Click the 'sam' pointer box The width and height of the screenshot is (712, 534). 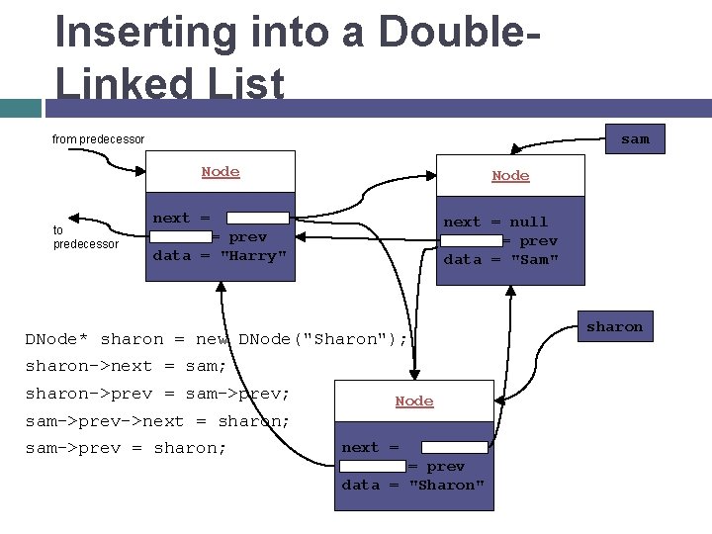click(x=635, y=139)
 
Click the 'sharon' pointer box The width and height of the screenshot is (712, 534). click(x=614, y=326)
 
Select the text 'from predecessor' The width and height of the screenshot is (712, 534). click(x=98, y=139)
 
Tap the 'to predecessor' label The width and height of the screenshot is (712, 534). click(x=84, y=236)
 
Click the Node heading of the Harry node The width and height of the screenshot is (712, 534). click(x=221, y=171)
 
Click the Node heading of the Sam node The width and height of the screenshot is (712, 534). click(x=510, y=175)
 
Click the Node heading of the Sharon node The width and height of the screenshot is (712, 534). click(x=414, y=400)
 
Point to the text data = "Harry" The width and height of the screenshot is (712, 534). click(x=220, y=255)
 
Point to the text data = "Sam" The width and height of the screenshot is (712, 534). click(x=501, y=259)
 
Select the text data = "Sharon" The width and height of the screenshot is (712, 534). click(x=413, y=485)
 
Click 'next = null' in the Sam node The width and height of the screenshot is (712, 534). click(x=494, y=222)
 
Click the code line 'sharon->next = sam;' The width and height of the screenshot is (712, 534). click(x=126, y=366)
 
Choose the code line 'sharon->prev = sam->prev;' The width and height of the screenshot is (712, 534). click(x=157, y=394)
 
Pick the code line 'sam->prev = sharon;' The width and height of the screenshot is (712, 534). click(x=126, y=448)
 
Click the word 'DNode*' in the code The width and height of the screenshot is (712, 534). click(x=58, y=339)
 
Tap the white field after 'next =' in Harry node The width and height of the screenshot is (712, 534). click(x=257, y=218)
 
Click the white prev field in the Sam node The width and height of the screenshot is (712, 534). click(x=472, y=240)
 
